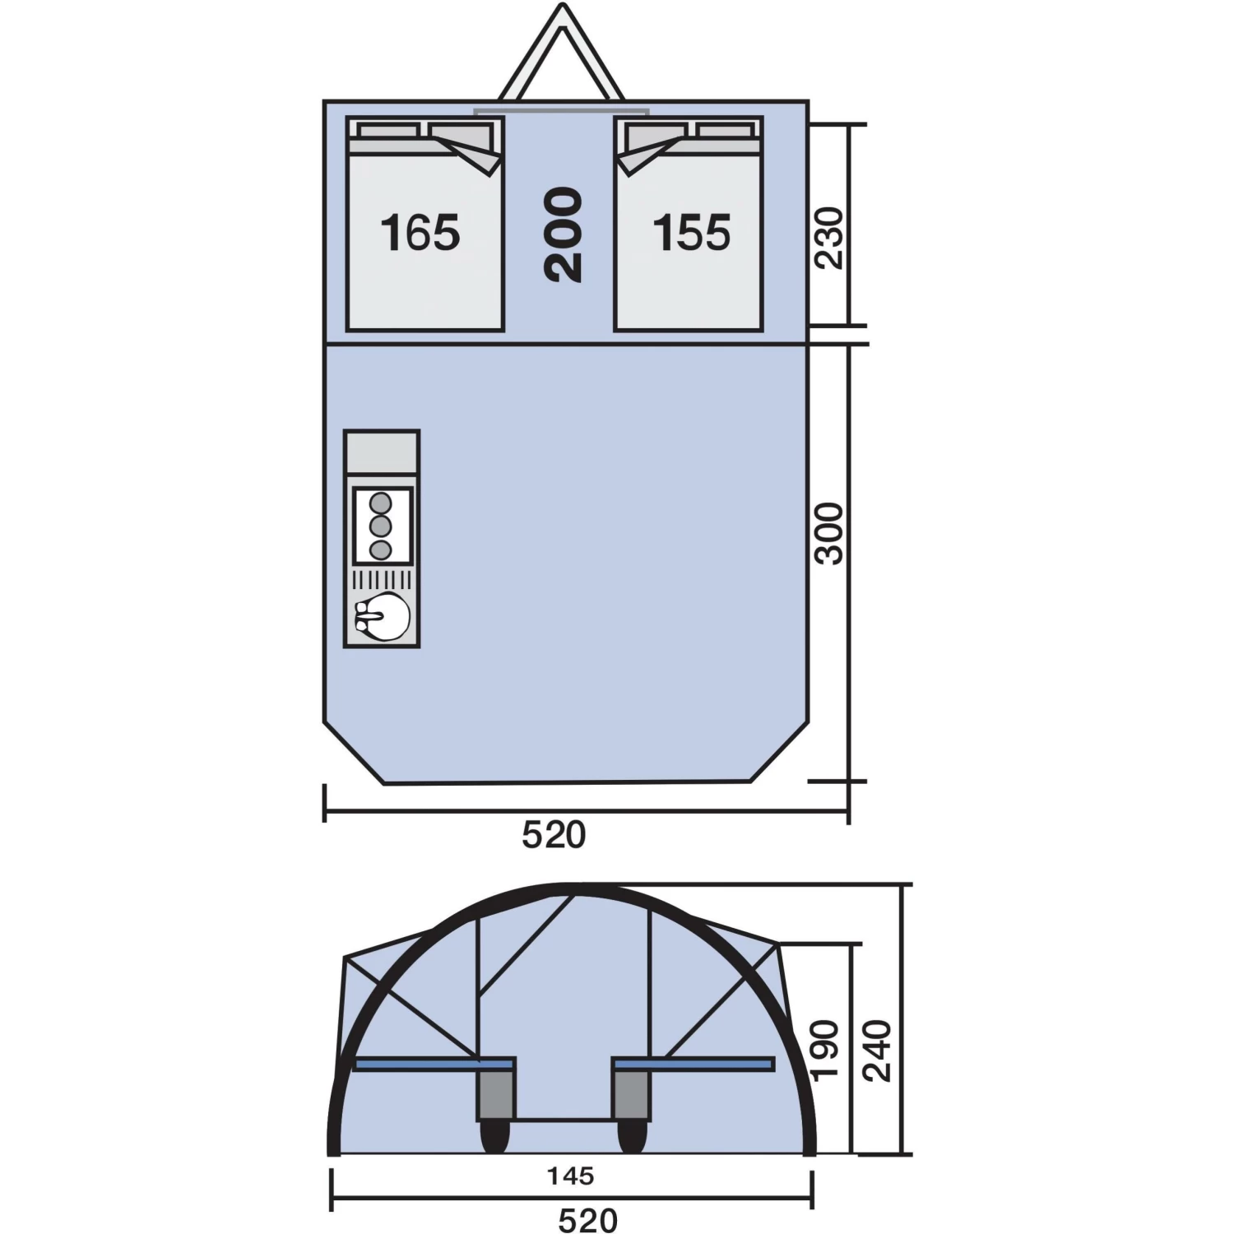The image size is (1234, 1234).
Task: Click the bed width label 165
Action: [420, 233]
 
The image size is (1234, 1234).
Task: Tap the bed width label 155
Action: [691, 233]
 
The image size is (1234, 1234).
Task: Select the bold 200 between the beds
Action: [564, 234]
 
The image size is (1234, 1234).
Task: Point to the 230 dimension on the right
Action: [829, 238]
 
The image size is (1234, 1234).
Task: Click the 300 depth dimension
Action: [829, 534]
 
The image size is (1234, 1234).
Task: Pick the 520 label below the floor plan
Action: [554, 835]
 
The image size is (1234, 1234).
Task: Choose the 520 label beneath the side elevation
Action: [587, 1220]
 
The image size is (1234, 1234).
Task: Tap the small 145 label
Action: [570, 1176]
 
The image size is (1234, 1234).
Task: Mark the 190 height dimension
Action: [824, 1051]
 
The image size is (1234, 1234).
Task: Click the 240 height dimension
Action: [877, 1051]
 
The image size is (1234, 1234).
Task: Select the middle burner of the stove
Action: [379, 525]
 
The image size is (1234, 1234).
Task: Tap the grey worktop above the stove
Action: [382, 452]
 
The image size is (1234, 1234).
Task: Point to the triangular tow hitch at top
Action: [562, 58]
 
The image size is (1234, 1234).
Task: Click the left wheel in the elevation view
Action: [494, 1137]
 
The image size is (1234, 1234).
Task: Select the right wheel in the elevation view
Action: [632, 1137]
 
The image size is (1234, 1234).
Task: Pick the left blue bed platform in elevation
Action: [434, 1065]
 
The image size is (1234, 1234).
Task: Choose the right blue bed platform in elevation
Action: [694, 1065]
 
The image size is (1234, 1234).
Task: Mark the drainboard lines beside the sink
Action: [382, 580]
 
